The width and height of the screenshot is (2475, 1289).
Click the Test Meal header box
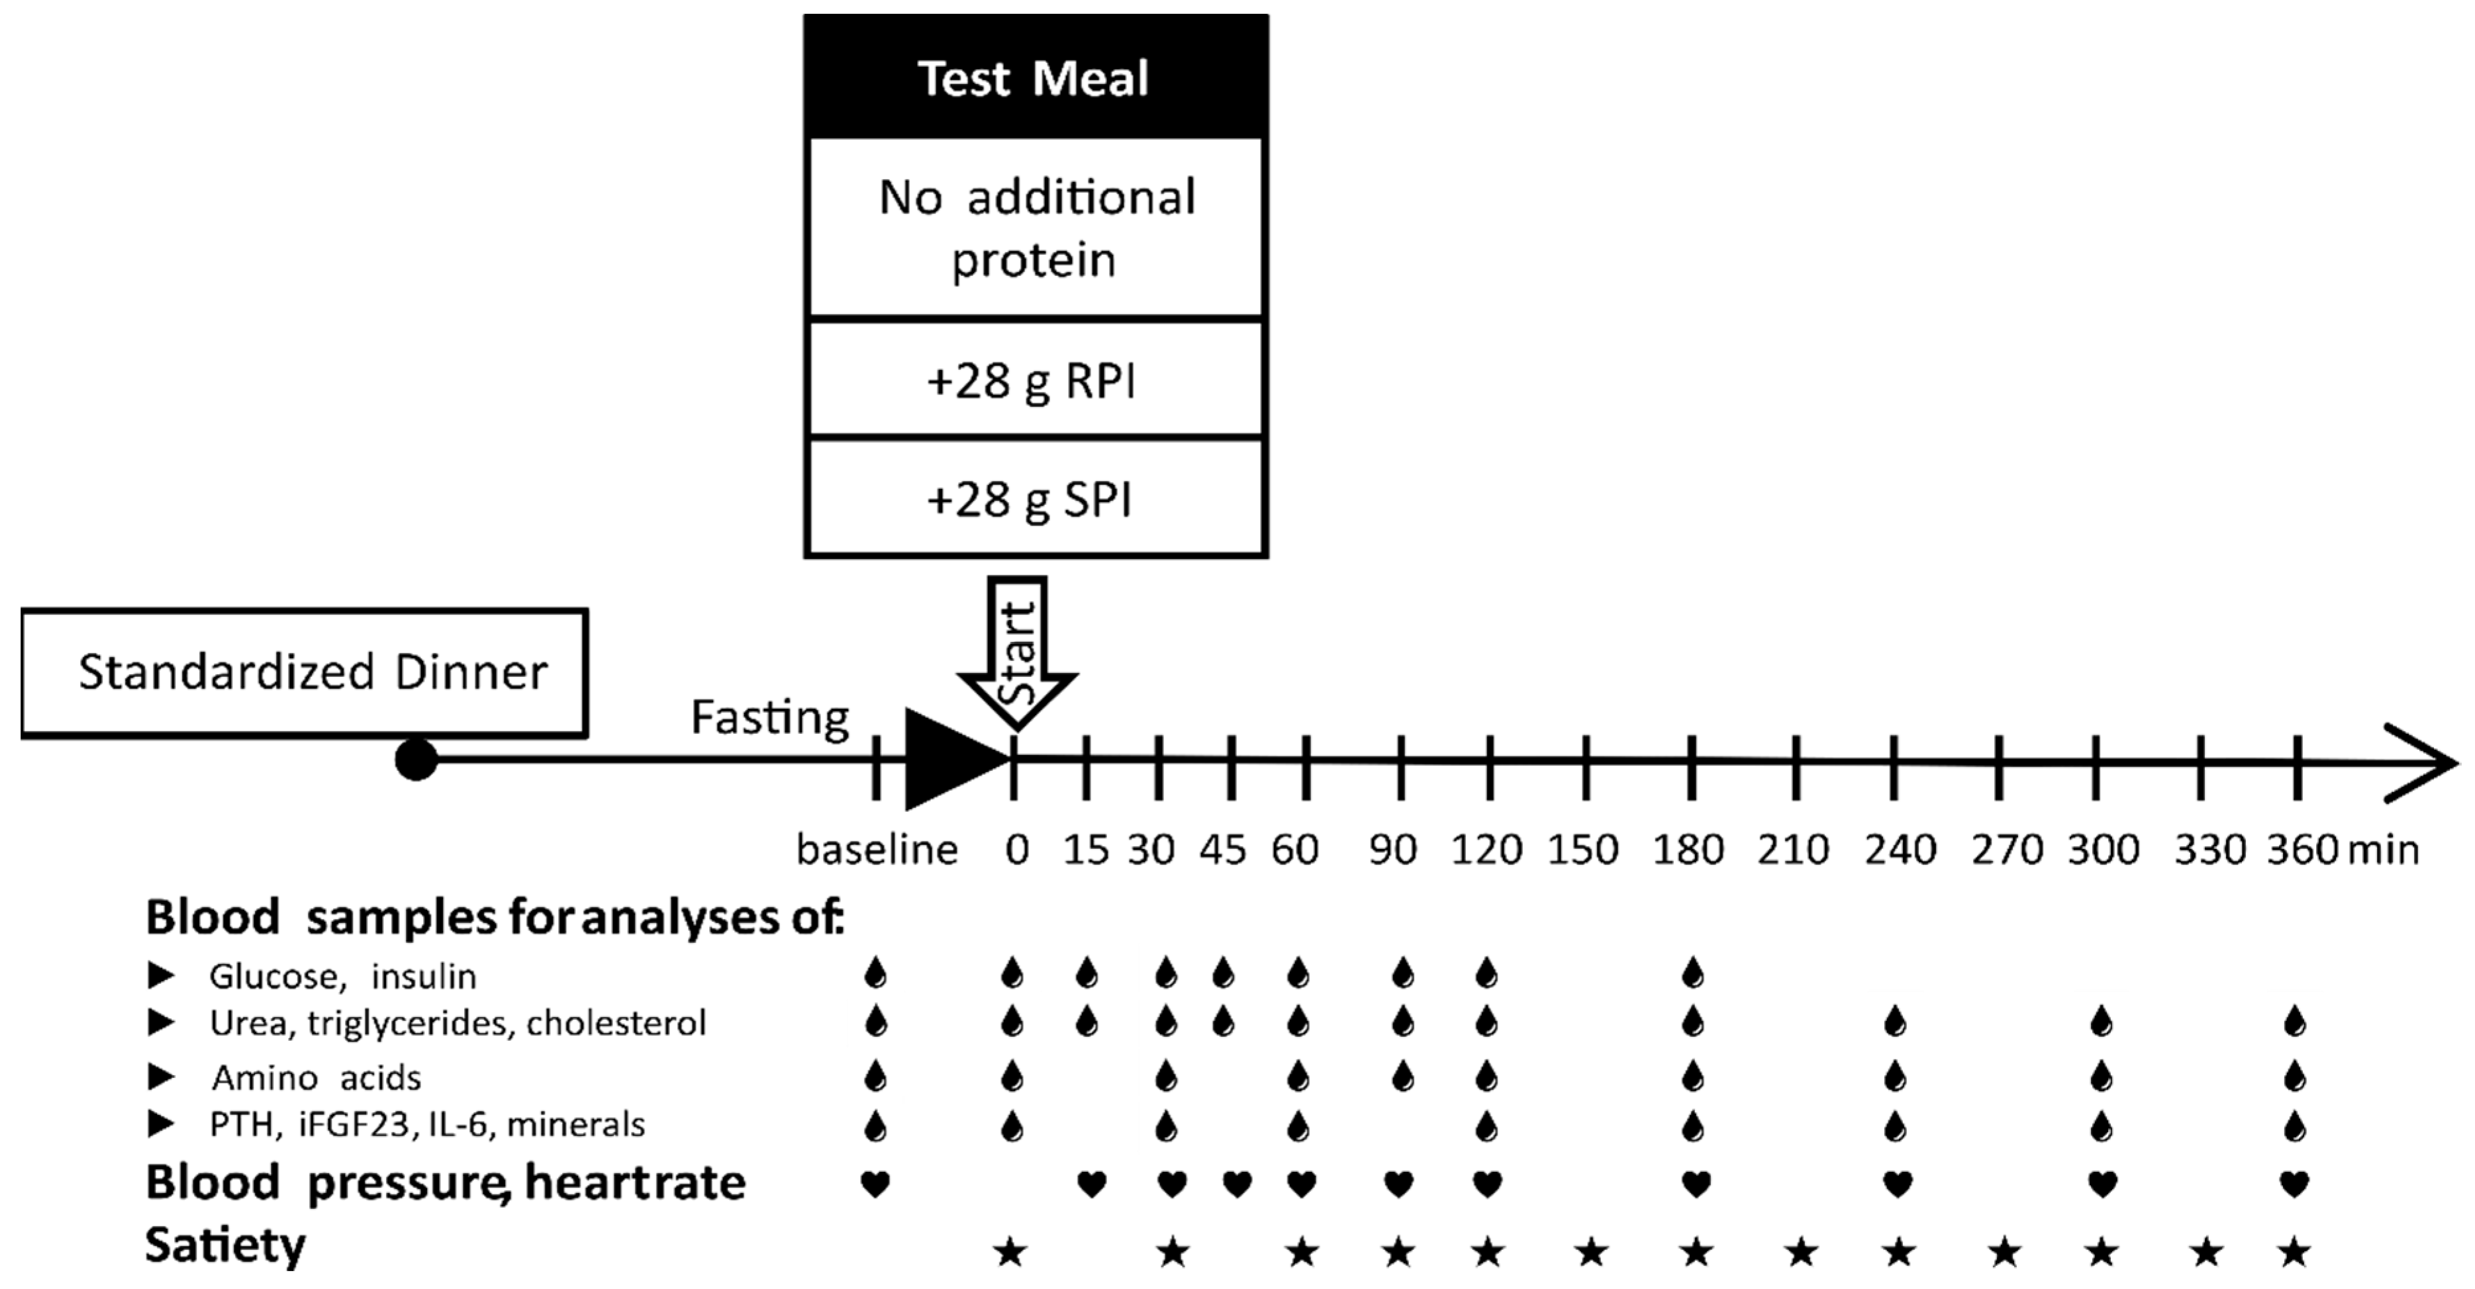point(1035,77)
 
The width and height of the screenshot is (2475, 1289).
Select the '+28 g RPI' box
point(1035,380)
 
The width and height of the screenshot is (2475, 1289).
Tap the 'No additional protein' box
point(1035,228)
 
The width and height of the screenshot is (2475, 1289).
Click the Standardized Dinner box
point(305,672)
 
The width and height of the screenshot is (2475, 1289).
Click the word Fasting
point(769,717)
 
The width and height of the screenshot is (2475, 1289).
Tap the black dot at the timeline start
point(416,760)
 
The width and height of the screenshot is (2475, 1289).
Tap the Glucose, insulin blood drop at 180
point(1693,974)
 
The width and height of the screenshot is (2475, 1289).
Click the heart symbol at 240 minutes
point(1896,1184)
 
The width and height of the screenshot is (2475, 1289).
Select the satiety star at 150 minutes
point(1591,1251)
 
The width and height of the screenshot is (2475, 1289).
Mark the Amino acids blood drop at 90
point(1403,1077)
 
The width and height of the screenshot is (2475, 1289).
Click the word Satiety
point(225,1246)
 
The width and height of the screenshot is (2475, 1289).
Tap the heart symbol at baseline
point(874,1184)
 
